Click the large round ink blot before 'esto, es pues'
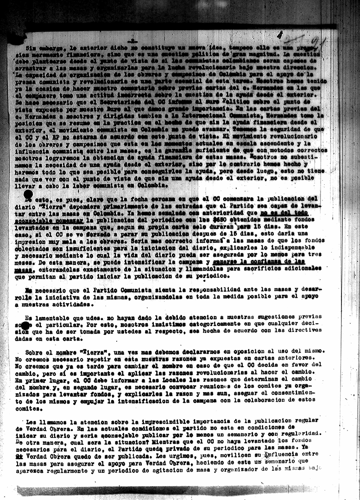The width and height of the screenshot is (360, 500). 28,195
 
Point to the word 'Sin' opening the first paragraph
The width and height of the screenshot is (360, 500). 31,48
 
